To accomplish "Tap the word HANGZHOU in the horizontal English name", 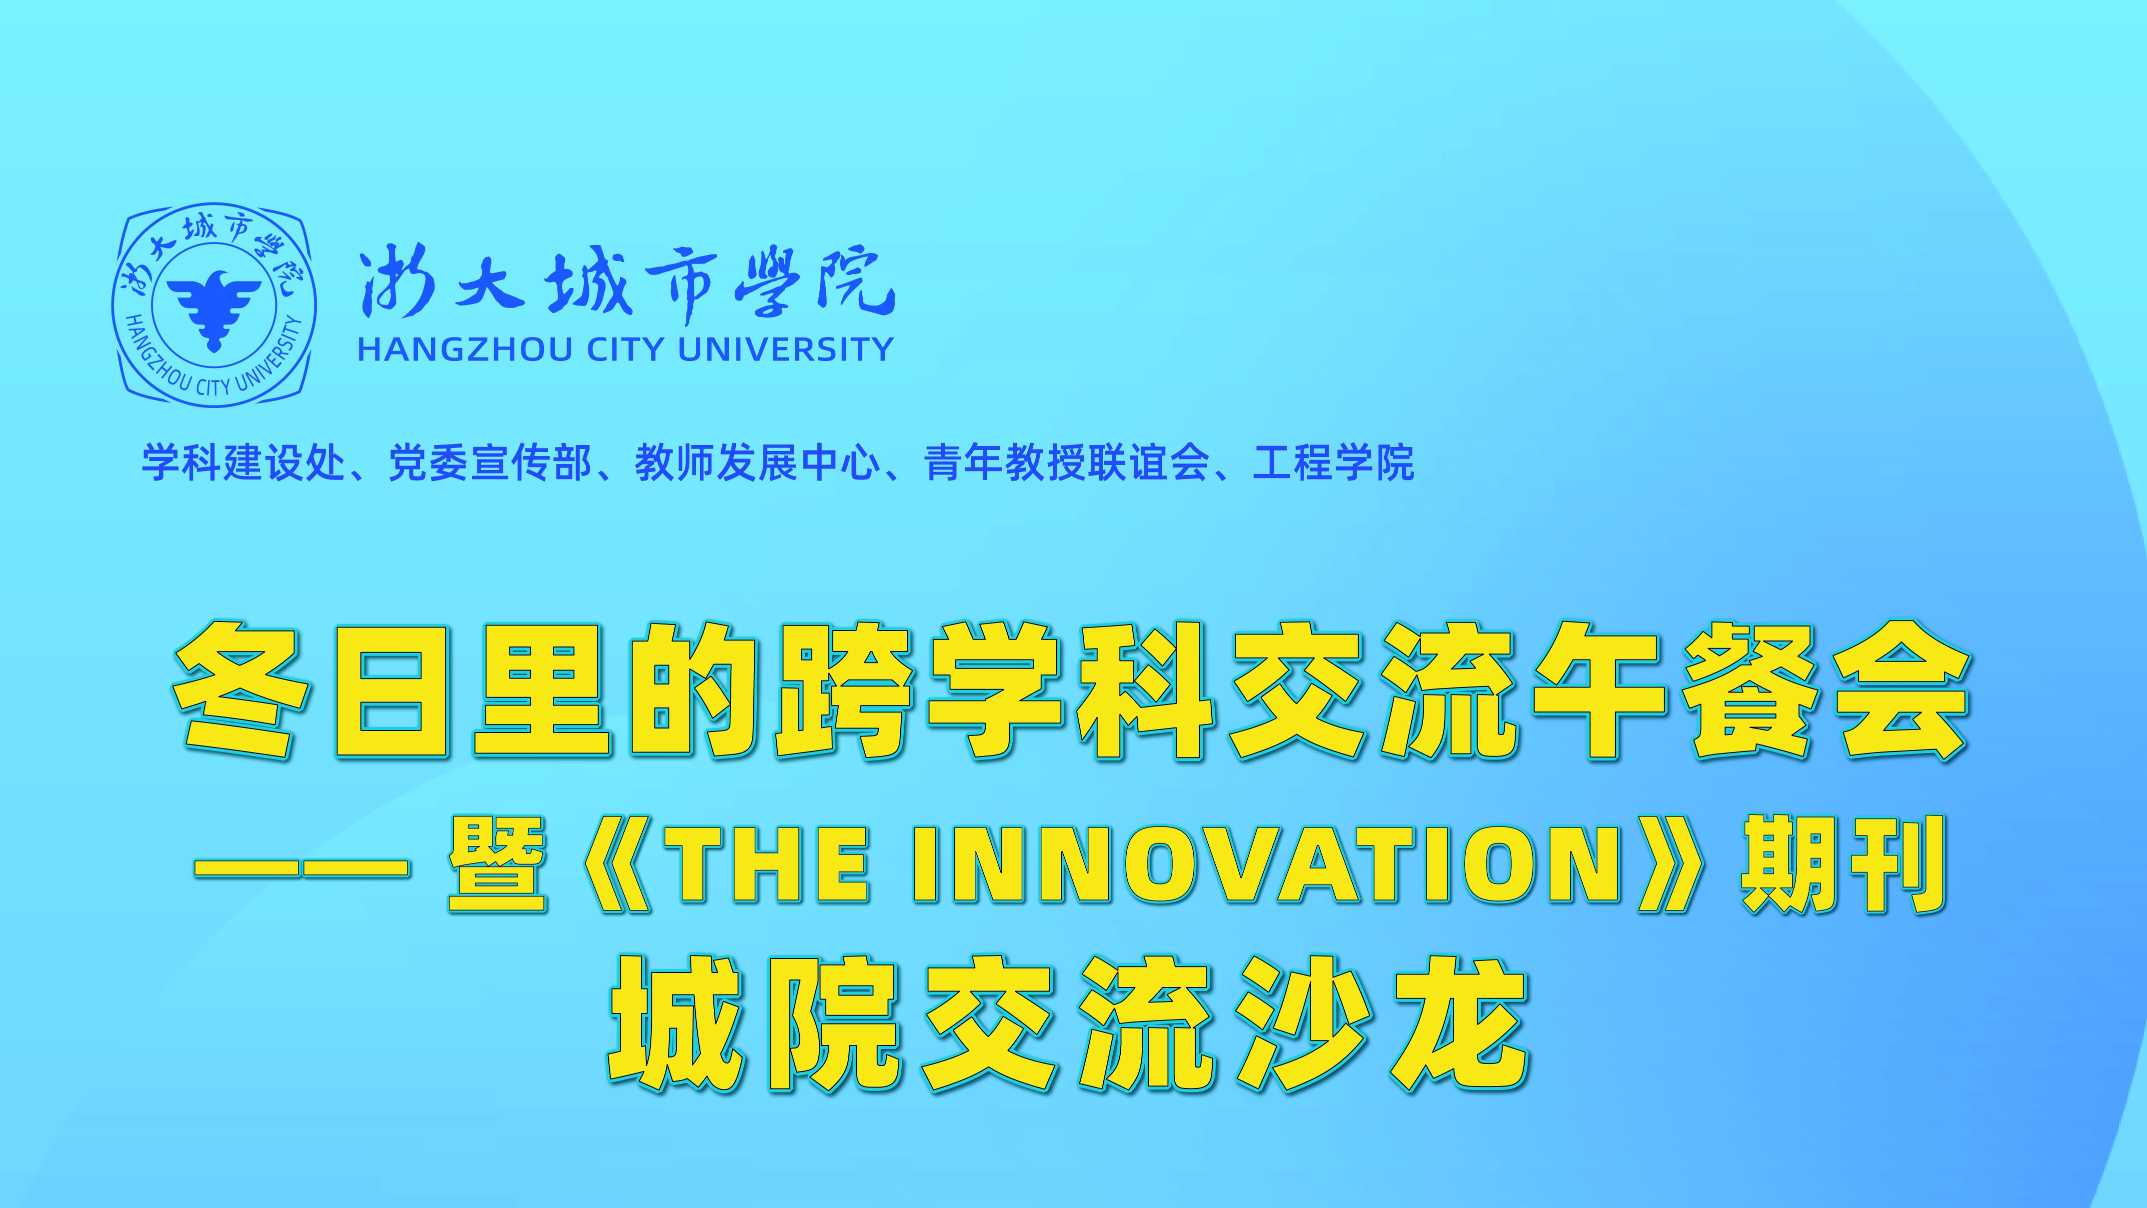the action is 465,349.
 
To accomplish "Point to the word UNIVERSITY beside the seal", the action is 786,349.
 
